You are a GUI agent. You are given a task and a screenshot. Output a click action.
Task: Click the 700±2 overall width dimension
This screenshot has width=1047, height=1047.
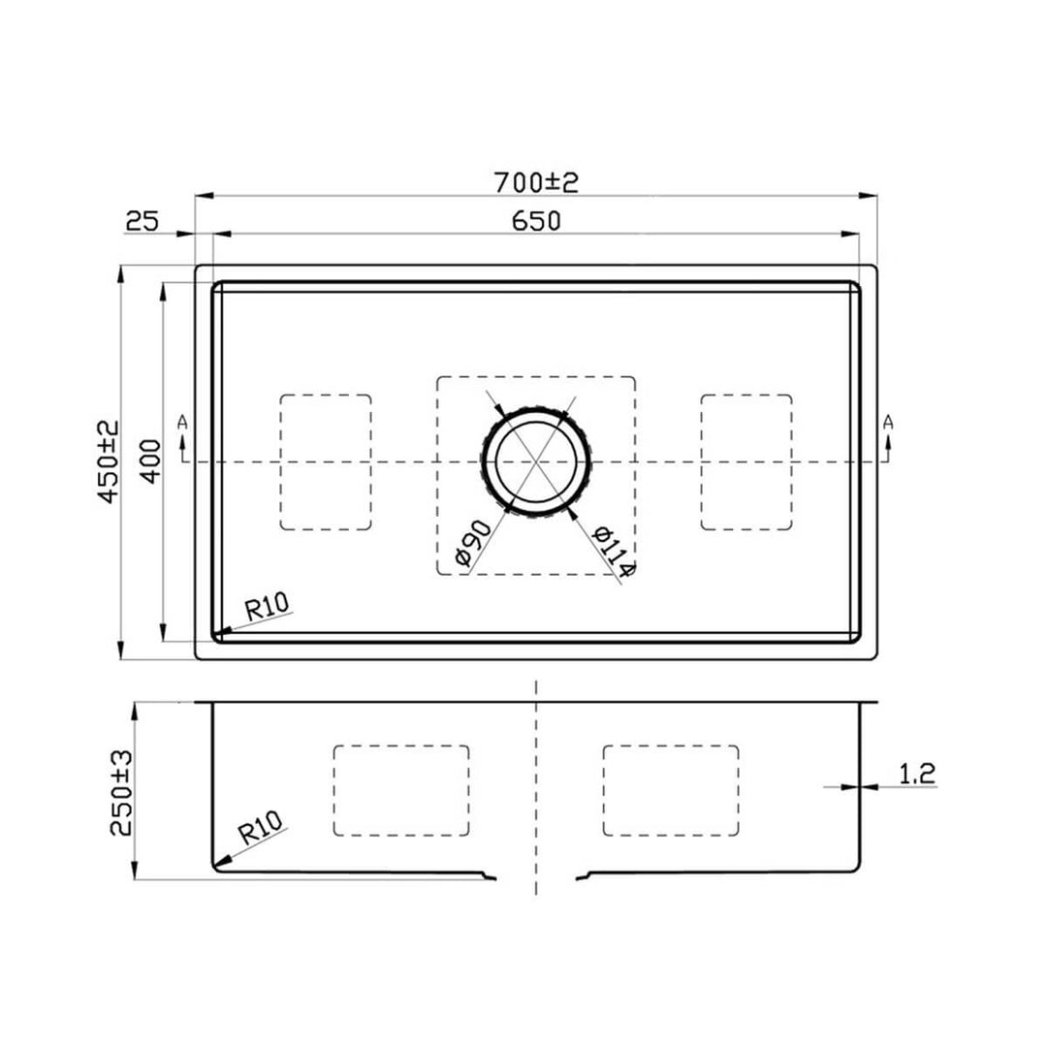click(535, 181)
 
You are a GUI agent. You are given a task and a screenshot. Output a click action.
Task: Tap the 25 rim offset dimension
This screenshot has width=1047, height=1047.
click(142, 221)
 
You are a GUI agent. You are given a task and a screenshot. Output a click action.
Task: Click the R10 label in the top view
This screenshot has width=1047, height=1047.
click(267, 608)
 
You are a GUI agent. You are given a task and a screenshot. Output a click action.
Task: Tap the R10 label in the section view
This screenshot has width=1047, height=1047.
click(261, 830)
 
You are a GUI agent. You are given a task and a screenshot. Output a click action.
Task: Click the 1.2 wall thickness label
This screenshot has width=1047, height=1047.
click(916, 773)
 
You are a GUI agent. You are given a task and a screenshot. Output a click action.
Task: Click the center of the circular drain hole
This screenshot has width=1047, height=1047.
click(535, 461)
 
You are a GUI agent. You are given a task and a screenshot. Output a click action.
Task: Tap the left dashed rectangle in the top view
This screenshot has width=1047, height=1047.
click(326, 461)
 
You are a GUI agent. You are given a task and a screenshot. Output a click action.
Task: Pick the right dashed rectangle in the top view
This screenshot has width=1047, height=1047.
click(746, 461)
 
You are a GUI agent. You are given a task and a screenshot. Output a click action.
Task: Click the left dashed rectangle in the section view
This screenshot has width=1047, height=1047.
click(401, 790)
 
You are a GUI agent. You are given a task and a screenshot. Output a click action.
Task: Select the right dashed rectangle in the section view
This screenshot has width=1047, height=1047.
click(670, 790)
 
